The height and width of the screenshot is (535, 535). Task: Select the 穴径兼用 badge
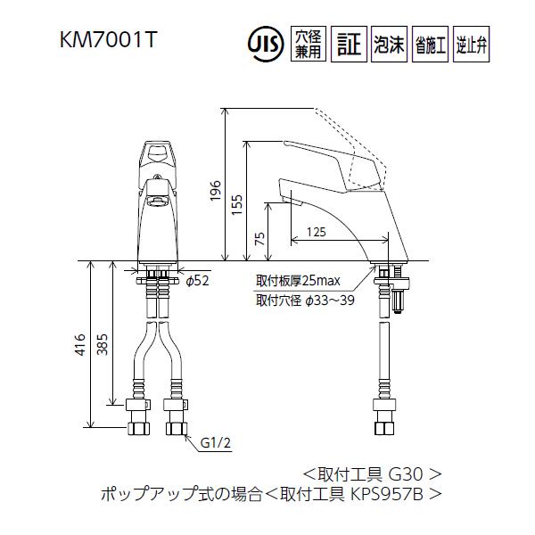point(306,44)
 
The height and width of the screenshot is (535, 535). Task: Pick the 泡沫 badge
point(389,44)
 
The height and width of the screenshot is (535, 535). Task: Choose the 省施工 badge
point(430,44)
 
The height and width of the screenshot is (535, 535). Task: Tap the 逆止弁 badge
point(471,44)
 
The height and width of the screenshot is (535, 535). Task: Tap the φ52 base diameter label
point(196,281)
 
